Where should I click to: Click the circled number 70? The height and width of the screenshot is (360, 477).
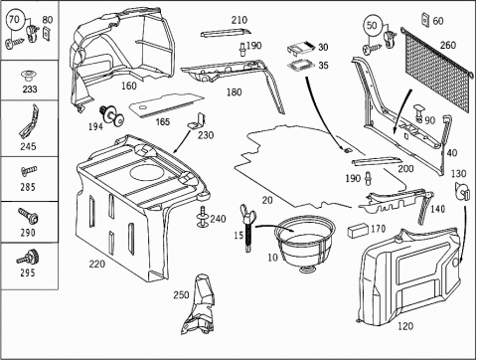coord(15,20)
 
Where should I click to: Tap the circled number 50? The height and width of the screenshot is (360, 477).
coord(373,25)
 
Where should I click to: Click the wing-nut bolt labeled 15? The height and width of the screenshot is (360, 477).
coord(248,228)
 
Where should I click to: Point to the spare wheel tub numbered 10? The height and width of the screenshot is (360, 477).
coord(304,245)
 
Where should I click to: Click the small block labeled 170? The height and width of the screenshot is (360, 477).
coord(358,230)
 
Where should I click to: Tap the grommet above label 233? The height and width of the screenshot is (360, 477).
coord(29,76)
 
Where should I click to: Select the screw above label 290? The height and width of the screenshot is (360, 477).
coord(29,216)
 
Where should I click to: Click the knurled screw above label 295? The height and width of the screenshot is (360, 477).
coord(29,258)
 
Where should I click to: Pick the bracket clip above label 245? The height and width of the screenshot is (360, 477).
coord(29,122)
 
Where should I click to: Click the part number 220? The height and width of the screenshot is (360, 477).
coord(97,265)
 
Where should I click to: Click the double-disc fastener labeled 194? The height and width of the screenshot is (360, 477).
coord(112,116)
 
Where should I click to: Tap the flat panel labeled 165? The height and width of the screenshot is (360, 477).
coord(166,104)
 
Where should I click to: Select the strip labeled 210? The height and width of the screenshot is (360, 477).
coord(226,34)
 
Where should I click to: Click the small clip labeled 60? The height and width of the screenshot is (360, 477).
coord(425,20)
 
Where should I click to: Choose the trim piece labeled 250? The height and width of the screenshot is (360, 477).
coord(199,304)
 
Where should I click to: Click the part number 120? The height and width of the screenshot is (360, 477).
coord(405,326)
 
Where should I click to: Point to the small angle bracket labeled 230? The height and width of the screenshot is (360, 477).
coord(197,121)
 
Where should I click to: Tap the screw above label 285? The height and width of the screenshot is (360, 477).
coord(29,171)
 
